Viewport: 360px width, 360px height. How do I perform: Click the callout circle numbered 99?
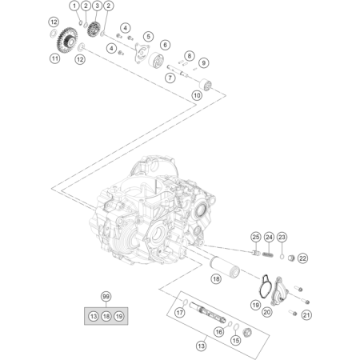(x=106, y=297)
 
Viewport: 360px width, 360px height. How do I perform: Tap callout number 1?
(x=74, y=6)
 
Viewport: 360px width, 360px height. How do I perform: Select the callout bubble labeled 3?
(x=97, y=6)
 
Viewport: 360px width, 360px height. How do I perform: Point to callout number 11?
(x=54, y=58)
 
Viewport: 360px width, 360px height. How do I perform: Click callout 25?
(x=256, y=237)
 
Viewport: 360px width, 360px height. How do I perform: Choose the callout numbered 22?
(x=302, y=258)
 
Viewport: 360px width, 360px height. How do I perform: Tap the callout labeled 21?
(x=306, y=315)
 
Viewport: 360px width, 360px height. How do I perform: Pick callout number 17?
(x=180, y=312)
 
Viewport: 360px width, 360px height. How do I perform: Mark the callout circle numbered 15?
(x=236, y=341)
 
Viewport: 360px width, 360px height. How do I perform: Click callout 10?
(x=197, y=95)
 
